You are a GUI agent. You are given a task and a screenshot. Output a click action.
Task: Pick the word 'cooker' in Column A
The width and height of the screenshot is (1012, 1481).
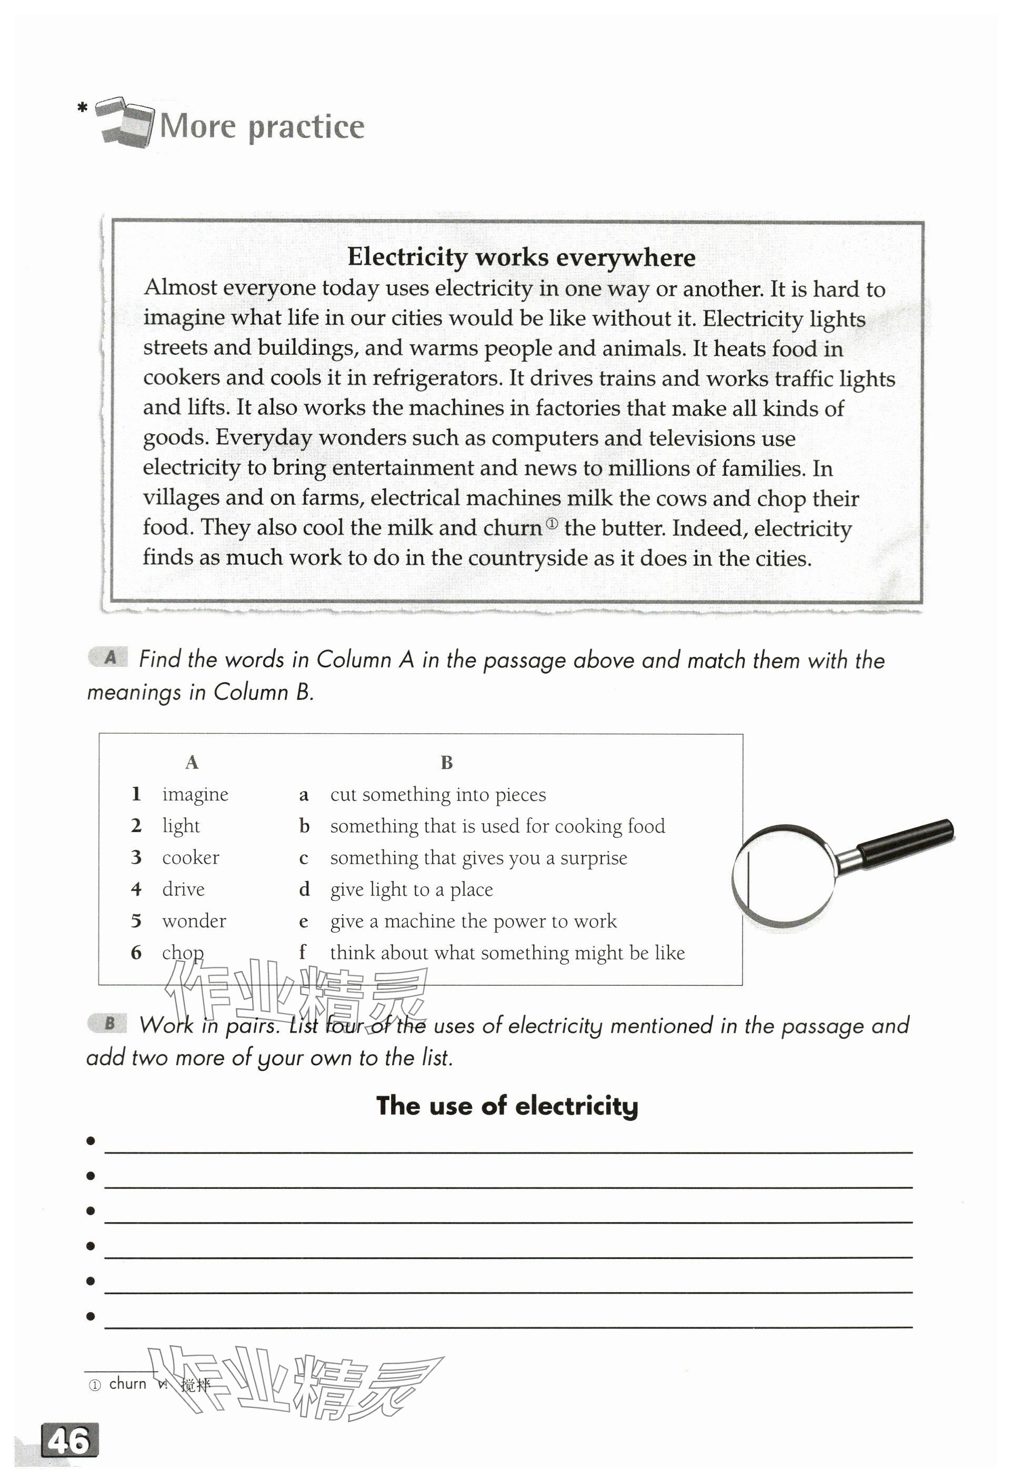pyautogui.click(x=190, y=857)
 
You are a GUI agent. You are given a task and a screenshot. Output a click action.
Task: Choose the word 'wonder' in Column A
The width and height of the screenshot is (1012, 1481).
pyautogui.click(x=194, y=921)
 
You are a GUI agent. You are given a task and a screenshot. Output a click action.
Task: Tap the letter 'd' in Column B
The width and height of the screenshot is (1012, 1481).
pyautogui.click(x=304, y=889)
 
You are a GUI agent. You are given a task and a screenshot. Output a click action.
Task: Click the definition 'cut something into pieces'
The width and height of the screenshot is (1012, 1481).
pyautogui.click(x=438, y=794)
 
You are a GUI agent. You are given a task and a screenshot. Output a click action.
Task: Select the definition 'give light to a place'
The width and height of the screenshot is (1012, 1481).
pyautogui.click(x=411, y=889)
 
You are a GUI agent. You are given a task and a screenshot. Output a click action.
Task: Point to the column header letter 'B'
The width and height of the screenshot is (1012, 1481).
pyautogui.click(x=446, y=762)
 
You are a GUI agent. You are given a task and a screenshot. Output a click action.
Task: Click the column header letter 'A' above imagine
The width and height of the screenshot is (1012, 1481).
pyautogui.click(x=191, y=762)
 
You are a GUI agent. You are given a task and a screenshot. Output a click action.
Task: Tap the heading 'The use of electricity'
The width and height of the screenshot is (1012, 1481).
pyautogui.click(x=507, y=1106)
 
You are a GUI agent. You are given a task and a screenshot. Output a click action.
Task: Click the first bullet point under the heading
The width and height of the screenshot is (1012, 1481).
pyautogui.click(x=91, y=1140)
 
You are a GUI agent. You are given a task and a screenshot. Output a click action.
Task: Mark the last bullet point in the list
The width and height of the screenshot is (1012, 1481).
pyautogui.click(x=91, y=1316)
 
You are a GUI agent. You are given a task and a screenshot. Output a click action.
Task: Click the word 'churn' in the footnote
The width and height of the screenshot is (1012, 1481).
pyautogui.click(x=127, y=1384)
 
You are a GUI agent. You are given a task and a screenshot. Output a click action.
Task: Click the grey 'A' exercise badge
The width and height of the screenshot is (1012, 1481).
pyautogui.click(x=109, y=658)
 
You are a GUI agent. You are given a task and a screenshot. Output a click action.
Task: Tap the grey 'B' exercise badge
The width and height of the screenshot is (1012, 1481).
pyautogui.click(x=109, y=1024)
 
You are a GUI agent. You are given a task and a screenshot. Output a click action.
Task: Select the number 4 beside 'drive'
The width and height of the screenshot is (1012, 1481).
pyautogui.click(x=136, y=889)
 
